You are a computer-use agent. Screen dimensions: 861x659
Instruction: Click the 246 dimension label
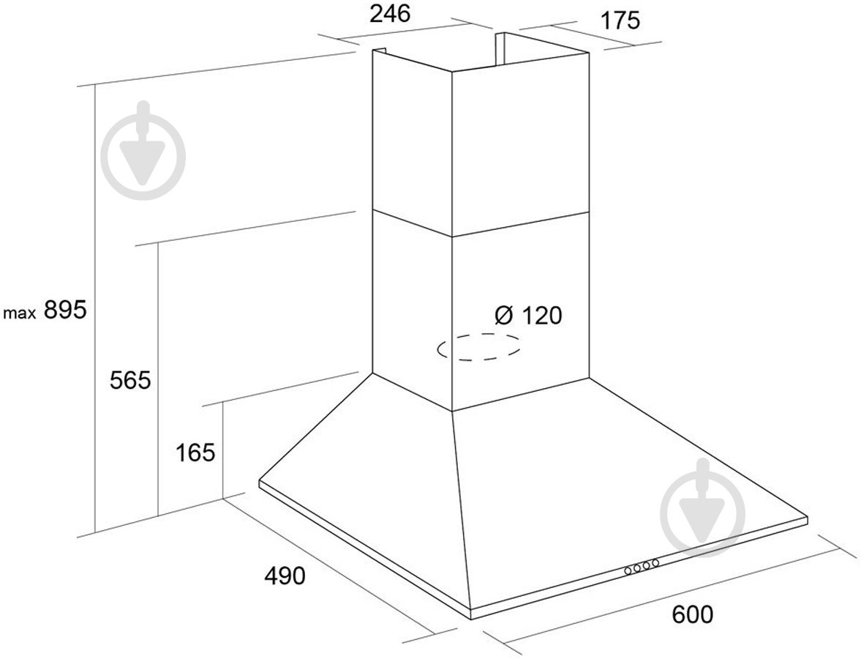click(390, 14)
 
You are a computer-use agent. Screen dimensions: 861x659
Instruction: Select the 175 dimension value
click(620, 21)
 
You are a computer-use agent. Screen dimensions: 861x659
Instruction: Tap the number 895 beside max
click(65, 310)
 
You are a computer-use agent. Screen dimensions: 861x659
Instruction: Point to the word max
click(20, 314)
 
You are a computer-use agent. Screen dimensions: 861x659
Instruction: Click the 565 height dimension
click(130, 380)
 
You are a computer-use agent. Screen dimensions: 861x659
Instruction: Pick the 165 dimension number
click(195, 453)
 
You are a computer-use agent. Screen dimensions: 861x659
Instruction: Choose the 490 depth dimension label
click(285, 576)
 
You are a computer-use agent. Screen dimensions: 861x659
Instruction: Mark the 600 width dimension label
click(693, 614)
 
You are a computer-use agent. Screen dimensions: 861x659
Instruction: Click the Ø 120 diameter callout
click(528, 316)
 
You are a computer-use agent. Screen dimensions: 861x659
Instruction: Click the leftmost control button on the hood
click(628, 571)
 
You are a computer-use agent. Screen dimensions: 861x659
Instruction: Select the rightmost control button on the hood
click(655, 563)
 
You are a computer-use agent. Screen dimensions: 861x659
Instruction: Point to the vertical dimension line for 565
click(159, 379)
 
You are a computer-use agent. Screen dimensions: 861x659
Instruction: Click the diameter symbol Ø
click(504, 316)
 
